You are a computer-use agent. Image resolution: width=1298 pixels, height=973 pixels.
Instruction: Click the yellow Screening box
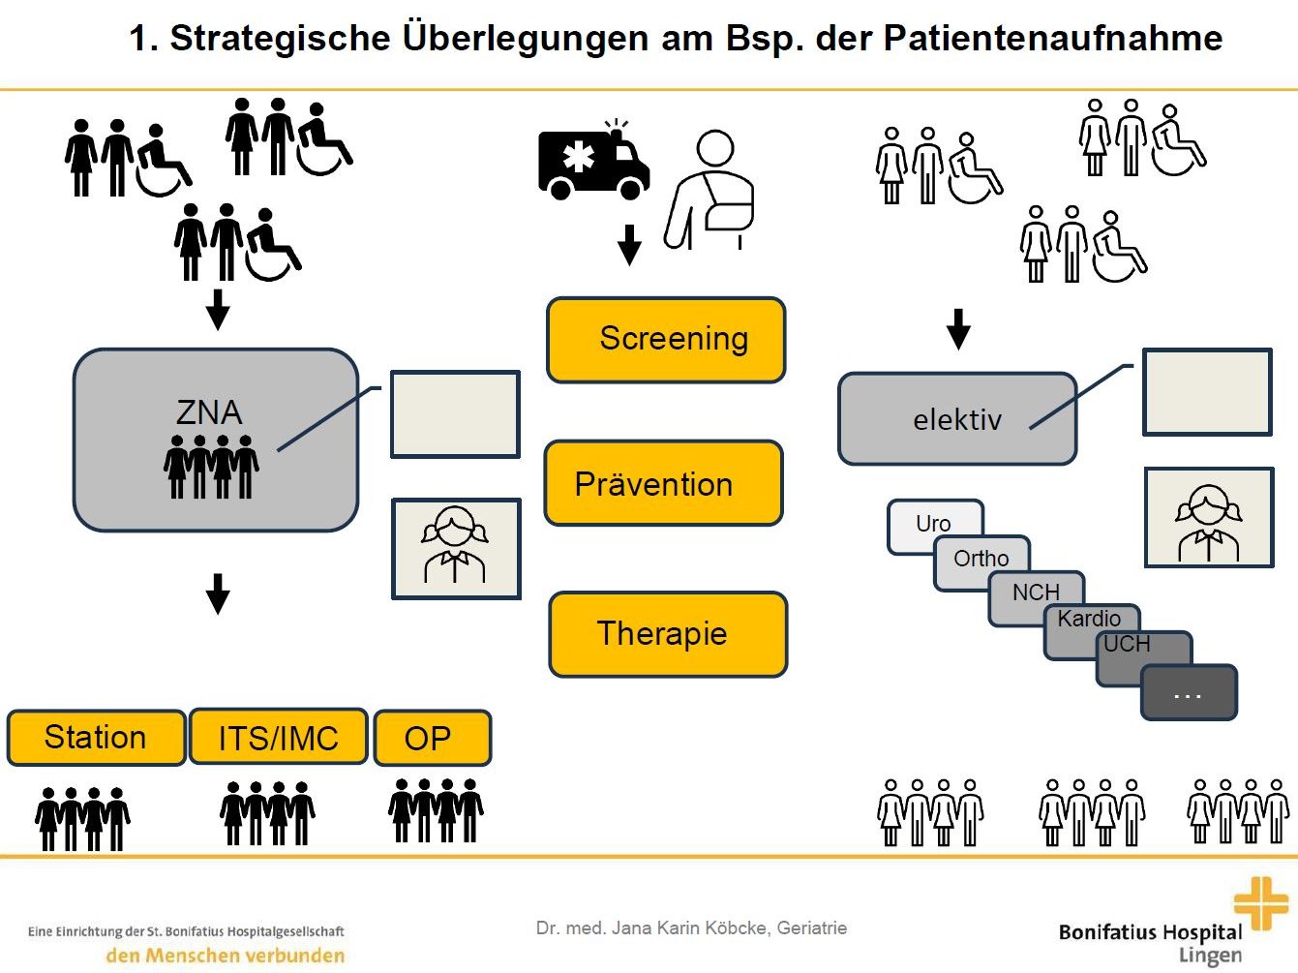click(666, 340)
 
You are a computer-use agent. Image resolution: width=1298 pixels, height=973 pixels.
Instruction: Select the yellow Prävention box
click(663, 484)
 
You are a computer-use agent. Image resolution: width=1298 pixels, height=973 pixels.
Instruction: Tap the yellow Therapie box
click(668, 634)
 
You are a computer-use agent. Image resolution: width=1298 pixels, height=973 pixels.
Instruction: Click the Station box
click(96, 738)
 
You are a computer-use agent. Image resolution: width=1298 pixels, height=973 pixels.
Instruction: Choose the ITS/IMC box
click(279, 738)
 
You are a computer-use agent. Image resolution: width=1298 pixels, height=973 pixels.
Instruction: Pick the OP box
click(431, 739)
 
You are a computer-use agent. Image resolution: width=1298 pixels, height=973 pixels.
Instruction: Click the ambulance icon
click(592, 162)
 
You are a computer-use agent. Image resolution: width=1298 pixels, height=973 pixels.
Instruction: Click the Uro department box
click(933, 523)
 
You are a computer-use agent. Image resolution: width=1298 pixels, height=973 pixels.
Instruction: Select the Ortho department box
click(981, 559)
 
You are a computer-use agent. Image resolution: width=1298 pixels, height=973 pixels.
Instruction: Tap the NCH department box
click(1036, 593)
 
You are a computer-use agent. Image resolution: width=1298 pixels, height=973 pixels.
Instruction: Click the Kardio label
click(1089, 619)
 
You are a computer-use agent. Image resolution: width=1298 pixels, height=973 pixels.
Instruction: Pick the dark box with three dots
click(1189, 693)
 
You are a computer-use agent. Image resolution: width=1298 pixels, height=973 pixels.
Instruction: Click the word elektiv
click(957, 420)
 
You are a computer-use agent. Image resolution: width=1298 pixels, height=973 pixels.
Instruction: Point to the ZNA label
click(209, 412)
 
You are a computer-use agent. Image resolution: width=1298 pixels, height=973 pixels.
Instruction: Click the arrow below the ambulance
click(629, 244)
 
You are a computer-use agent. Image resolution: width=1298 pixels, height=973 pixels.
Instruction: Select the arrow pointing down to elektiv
click(958, 329)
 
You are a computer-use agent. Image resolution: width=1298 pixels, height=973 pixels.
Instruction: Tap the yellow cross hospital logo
click(1260, 903)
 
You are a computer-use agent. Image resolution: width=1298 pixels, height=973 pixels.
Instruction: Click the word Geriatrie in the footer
click(812, 927)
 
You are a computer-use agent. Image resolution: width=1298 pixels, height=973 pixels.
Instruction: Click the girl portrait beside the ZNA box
click(455, 548)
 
